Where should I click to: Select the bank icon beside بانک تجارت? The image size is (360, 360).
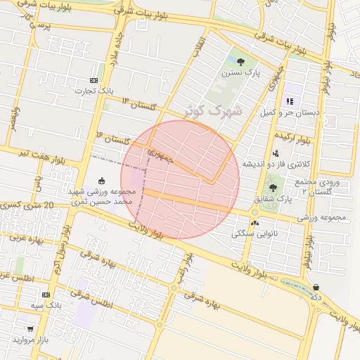click(x=94, y=81)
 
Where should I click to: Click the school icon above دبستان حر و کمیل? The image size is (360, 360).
click(x=290, y=101)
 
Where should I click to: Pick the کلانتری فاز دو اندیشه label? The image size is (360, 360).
click(x=276, y=163)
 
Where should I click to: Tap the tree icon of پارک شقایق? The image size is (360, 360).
click(x=273, y=188)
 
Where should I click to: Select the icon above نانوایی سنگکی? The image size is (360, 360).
click(x=255, y=222)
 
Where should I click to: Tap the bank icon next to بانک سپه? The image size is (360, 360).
click(x=46, y=295)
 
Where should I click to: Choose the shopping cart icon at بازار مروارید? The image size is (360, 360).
click(x=30, y=328)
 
